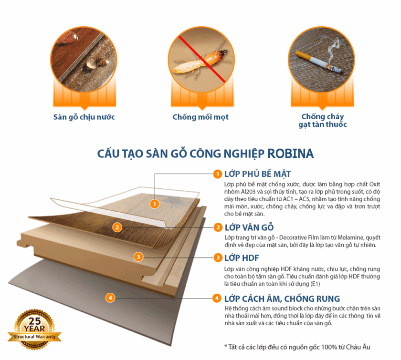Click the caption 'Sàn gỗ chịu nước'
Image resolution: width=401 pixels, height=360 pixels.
tap(84, 117)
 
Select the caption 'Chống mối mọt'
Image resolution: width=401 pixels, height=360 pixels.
tap(200, 117)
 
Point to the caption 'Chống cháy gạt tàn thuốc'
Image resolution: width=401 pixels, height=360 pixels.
tap(323, 121)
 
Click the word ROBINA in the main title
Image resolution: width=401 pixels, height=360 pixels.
tap(291, 154)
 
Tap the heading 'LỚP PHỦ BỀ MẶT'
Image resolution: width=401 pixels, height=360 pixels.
tap(257, 174)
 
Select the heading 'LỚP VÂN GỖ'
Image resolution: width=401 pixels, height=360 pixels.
tap(249, 227)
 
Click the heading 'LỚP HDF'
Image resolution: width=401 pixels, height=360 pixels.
tap(242, 258)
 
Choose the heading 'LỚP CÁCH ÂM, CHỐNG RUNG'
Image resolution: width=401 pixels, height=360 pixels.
tap(282, 298)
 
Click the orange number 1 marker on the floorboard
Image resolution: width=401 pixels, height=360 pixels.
tap(155, 204)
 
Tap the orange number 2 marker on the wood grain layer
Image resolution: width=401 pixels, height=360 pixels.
tap(117, 227)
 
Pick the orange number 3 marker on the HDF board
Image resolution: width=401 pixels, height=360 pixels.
tap(138, 257)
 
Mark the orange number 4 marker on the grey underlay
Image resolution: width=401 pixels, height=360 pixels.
tap(110, 298)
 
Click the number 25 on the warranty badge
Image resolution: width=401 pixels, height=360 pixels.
tap(35, 321)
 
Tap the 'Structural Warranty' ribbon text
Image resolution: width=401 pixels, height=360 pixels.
tap(34, 337)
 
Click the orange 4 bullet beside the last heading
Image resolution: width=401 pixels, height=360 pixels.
tap(217, 298)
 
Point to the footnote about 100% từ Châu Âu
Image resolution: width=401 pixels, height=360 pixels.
tap(297, 347)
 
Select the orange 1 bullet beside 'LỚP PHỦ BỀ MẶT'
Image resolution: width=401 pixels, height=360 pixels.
tap(218, 174)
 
